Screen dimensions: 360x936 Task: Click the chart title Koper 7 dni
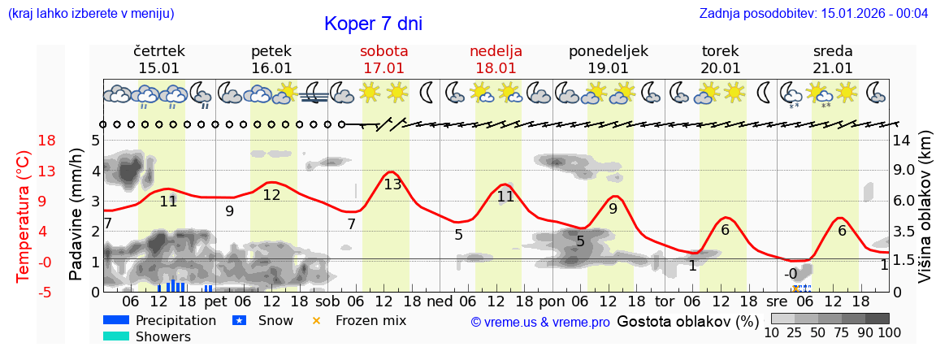click(x=373, y=24)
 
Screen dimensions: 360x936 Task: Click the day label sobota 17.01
click(x=384, y=59)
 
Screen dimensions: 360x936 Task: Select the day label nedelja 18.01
click(x=496, y=59)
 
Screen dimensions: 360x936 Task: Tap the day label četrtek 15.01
click(x=159, y=59)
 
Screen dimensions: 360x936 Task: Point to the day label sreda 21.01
click(x=833, y=59)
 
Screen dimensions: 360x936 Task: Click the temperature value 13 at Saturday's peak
click(x=392, y=184)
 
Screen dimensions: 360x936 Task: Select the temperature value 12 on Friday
click(x=271, y=195)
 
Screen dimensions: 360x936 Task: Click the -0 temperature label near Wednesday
click(x=791, y=274)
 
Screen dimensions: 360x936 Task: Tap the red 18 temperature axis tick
click(x=24, y=141)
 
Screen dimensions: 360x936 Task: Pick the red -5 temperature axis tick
click(x=24, y=293)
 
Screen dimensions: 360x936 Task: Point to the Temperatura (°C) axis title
click(x=24, y=216)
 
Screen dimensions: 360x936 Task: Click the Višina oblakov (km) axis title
click(x=925, y=216)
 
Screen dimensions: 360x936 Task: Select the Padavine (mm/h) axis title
click(x=77, y=215)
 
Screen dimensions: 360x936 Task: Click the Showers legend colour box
click(x=116, y=336)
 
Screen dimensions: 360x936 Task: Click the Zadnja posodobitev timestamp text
click(x=813, y=14)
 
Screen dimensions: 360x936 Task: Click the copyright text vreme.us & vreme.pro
click(x=540, y=322)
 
